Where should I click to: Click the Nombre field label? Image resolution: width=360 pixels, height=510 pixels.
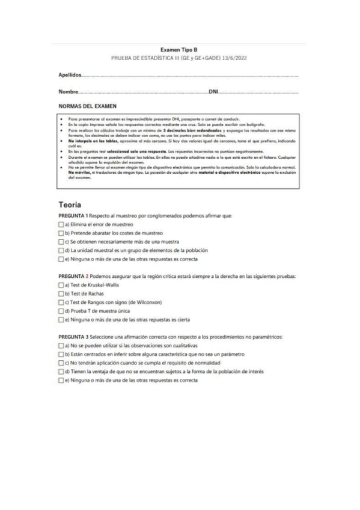68,91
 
